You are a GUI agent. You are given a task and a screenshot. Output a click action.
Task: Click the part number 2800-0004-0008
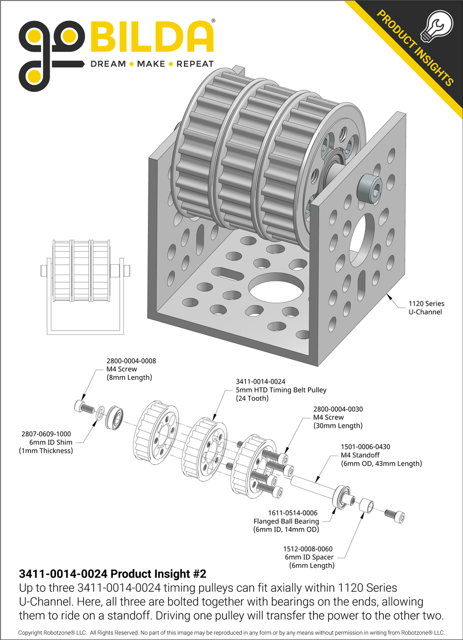(x=131, y=361)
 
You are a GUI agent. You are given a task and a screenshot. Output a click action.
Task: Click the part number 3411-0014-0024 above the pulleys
(x=261, y=381)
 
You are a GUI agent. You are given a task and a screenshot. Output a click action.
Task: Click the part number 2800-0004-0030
(x=338, y=409)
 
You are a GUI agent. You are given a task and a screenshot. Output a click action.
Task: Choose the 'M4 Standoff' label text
(x=359, y=455)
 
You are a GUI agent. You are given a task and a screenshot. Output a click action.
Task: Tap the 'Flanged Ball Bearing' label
(x=286, y=521)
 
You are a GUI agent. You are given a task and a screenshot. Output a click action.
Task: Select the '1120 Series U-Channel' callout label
(x=426, y=307)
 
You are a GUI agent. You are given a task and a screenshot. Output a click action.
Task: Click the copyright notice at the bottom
(x=231, y=633)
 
